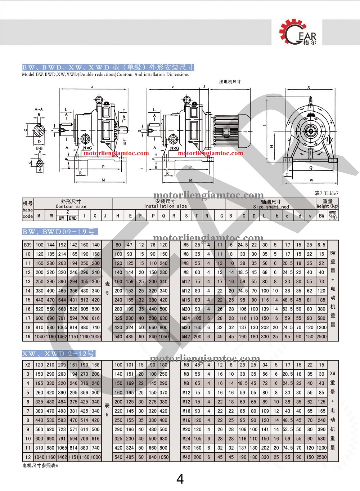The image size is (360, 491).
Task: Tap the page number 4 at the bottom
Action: click(x=180, y=479)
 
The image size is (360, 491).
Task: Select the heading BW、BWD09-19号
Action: click(x=60, y=232)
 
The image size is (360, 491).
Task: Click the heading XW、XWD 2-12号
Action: click(x=59, y=354)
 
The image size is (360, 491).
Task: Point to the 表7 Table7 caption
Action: click(x=326, y=193)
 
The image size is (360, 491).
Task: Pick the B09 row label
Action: click(x=28, y=245)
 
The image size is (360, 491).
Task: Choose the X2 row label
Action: click(x=28, y=365)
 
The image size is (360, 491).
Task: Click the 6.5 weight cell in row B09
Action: click(x=321, y=245)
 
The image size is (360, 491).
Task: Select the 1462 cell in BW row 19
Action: click(x=62, y=337)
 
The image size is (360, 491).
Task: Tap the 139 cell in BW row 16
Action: click(x=265, y=309)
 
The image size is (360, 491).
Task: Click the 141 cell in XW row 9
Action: click(x=265, y=429)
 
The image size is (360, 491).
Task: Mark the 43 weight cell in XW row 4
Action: click(x=321, y=383)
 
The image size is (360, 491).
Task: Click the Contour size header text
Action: click(x=71, y=206)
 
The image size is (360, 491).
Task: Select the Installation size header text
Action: click(x=166, y=206)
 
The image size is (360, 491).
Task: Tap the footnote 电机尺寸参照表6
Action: click(x=40, y=465)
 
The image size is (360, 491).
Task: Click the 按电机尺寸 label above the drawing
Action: click(x=230, y=82)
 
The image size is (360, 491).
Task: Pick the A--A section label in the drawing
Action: click(x=39, y=109)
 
